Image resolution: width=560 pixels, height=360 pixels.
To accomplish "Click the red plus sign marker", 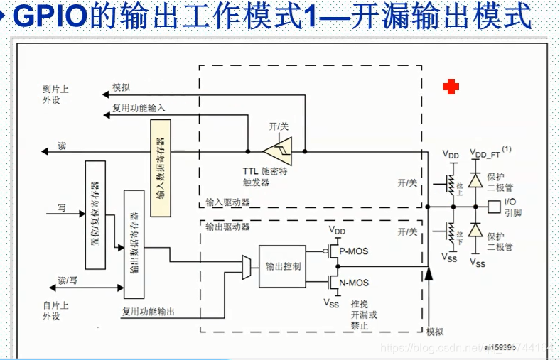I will [x=451, y=87].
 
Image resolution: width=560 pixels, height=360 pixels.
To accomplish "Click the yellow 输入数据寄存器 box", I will [x=161, y=169].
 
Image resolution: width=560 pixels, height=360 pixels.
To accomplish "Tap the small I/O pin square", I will [x=494, y=207].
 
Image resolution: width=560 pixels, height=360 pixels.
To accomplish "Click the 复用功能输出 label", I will [x=148, y=312].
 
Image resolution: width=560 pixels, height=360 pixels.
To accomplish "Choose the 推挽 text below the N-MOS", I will [x=359, y=304].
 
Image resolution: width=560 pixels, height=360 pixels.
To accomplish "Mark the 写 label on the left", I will [x=61, y=209].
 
